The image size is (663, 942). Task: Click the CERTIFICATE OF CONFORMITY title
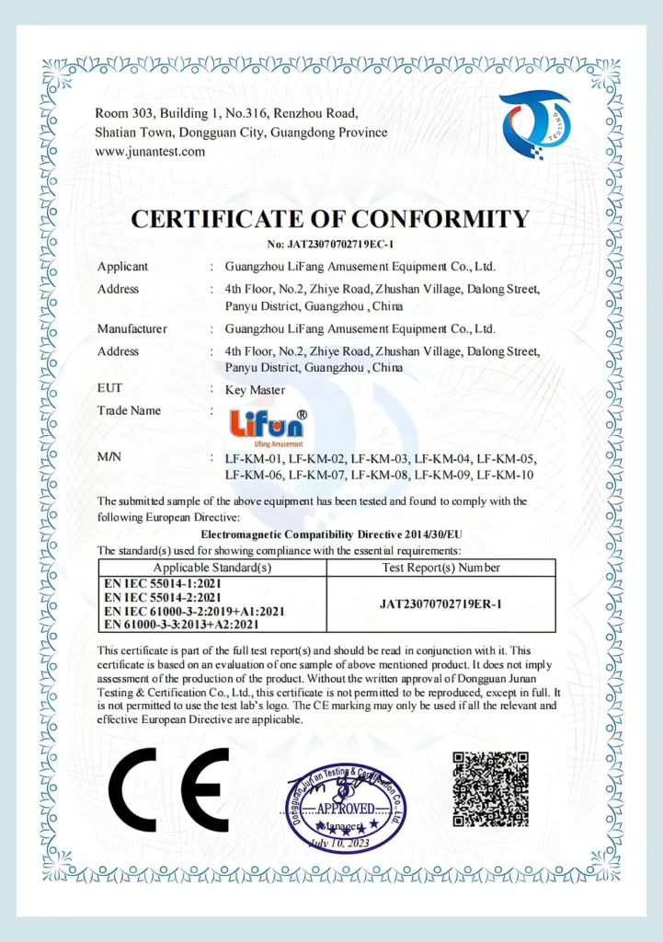coord(330,219)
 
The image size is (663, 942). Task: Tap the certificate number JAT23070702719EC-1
coord(330,245)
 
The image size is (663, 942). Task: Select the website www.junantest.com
coord(150,152)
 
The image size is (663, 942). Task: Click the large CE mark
coord(168,789)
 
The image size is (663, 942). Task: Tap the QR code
coord(490,788)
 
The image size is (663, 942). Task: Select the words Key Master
coord(255,389)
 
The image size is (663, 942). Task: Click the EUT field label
coord(109,389)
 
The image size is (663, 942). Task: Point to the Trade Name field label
coord(129,410)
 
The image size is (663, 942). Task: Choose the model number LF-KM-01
coord(254,459)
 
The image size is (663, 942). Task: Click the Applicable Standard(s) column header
coord(211,568)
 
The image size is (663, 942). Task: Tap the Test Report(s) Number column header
coord(440,568)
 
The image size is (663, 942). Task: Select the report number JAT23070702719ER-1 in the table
coord(440,604)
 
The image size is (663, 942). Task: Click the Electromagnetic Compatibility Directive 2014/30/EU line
coord(330,534)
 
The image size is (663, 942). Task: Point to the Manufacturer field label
coord(132,328)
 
